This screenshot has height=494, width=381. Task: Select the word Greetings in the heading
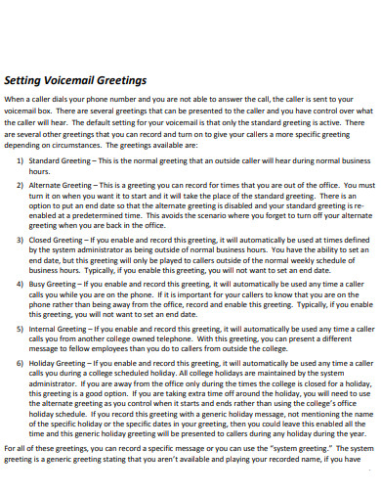click(x=124, y=81)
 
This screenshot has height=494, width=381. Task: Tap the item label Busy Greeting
click(x=52, y=283)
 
